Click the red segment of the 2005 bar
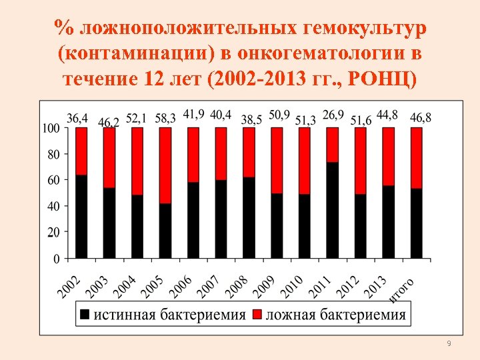tap(165, 165)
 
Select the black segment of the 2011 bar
tap(332, 210)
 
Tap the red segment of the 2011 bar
tap(332, 145)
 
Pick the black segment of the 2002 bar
tap(81, 217)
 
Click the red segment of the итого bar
tap(416, 158)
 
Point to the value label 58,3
tap(165, 118)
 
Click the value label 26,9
tap(333, 115)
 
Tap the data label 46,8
tap(420, 118)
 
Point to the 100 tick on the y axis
tap(53, 127)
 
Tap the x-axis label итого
tap(401, 291)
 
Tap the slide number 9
tap(449, 343)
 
